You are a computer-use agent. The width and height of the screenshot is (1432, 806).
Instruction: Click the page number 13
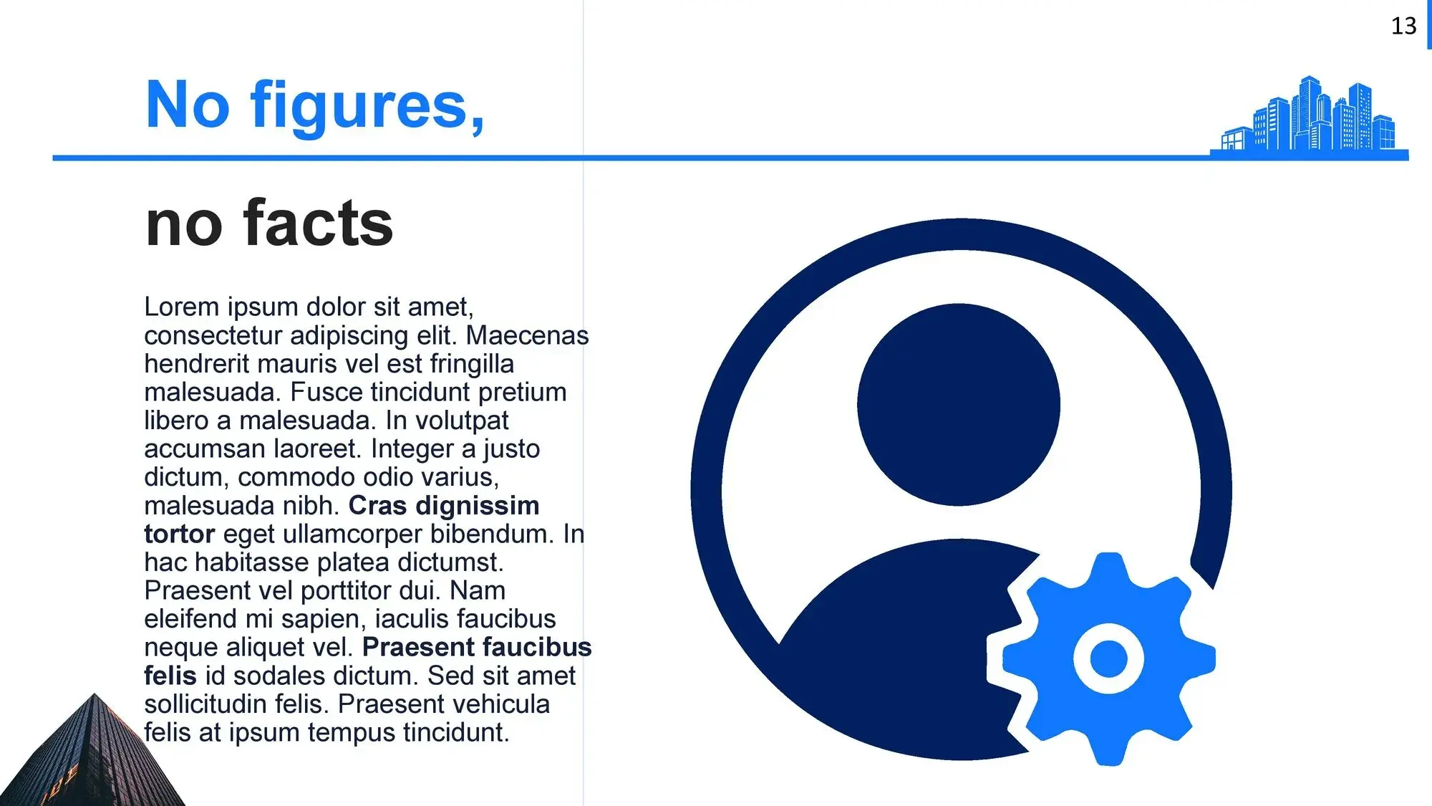point(1403,27)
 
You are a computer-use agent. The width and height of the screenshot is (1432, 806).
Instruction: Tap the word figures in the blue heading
point(367,105)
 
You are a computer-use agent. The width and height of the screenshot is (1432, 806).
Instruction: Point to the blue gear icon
point(1108,658)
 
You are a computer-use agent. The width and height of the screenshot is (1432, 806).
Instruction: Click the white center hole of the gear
point(1108,658)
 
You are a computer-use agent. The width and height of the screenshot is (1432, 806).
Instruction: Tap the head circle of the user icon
point(958,405)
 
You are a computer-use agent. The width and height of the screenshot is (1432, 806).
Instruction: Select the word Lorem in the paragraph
point(182,307)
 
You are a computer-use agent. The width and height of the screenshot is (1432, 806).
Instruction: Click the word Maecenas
point(527,335)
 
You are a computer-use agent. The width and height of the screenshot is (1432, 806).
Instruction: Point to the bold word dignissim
point(477,506)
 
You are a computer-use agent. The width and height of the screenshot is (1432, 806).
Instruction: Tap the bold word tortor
point(179,534)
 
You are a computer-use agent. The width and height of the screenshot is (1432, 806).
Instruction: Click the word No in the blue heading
point(188,105)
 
